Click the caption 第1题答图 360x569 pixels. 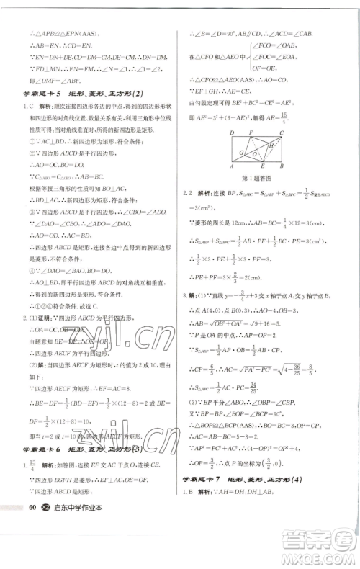pos(256,178)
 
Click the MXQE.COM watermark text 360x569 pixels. pos(317,555)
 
